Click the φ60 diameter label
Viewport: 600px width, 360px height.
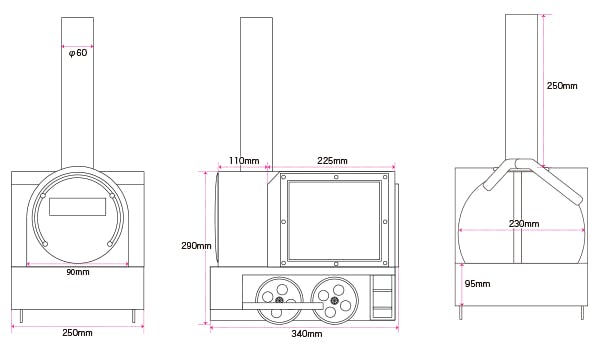tap(78, 53)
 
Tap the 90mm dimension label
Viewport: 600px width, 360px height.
tap(78, 272)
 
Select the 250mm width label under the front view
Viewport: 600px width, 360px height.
tap(77, 332)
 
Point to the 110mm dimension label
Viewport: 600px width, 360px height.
tap(244, 160)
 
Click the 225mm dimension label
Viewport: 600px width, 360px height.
tap(332, 161)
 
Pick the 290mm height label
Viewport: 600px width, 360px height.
tap(196, 246)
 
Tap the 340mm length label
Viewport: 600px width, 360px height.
tap(307, 334)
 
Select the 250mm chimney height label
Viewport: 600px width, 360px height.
tap(562, 86)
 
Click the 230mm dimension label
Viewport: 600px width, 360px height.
tap(524, 223)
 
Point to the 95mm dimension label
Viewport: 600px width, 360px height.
tap(477, 284)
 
